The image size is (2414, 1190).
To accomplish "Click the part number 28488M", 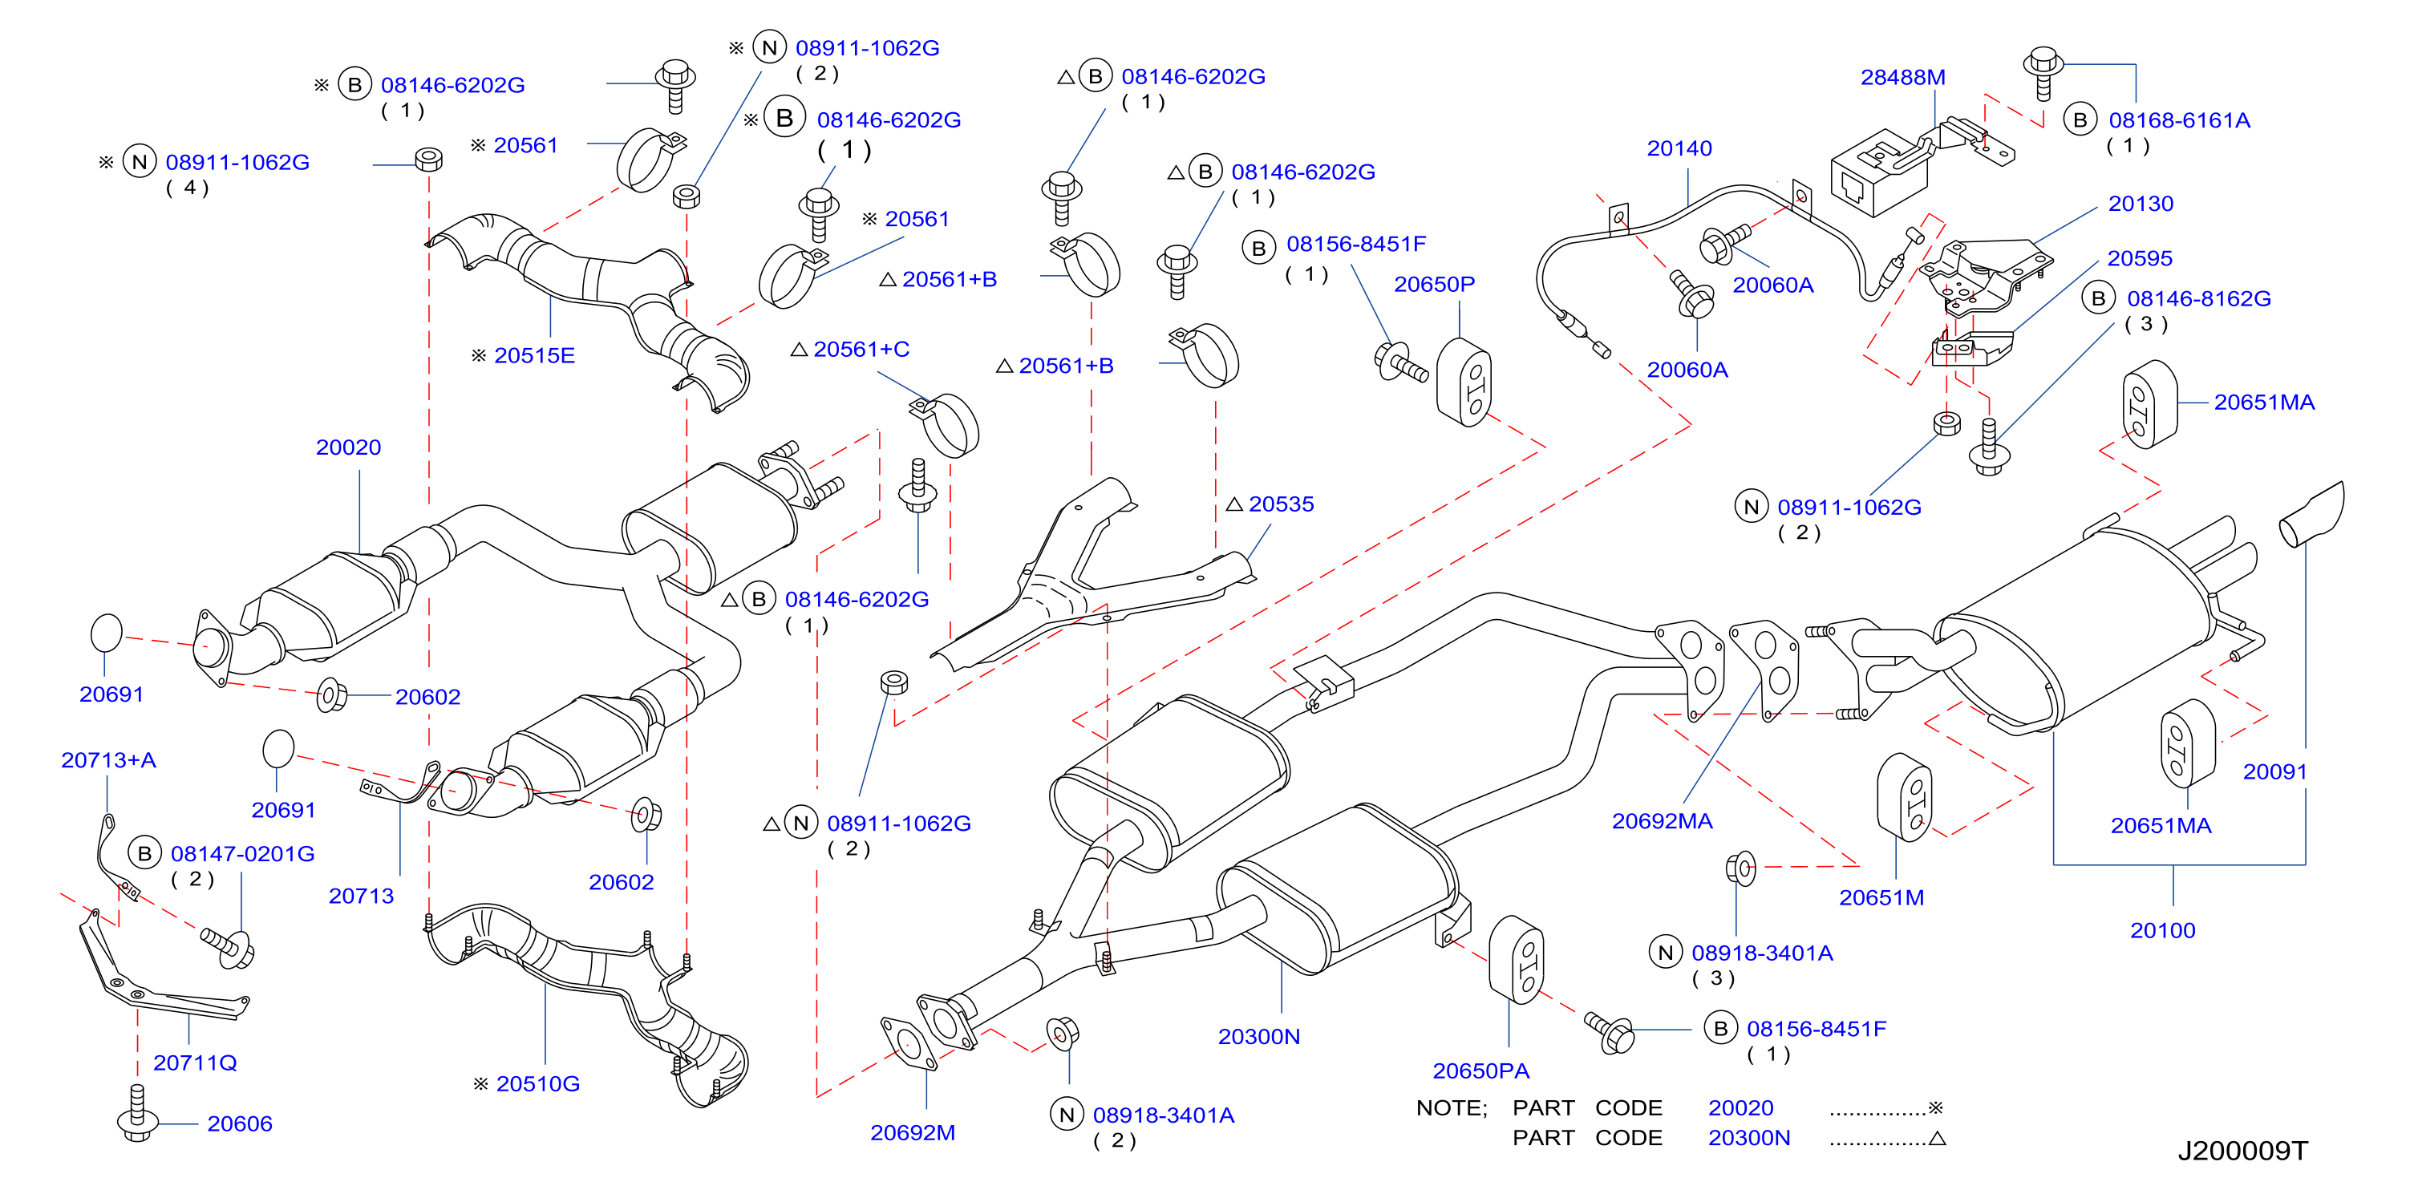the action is (x=1902, y=78).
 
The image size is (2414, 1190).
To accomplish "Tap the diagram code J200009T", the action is (x=2242, y=1151).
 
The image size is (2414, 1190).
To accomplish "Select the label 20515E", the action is (x=534, y=356).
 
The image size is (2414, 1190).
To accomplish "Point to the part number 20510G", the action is (x=538, y=1084).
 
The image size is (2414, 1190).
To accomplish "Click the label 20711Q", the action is (x=195, y=1063).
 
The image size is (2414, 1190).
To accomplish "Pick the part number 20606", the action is (x=240, y=1124).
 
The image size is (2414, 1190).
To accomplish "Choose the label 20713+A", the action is (x=109, y=761).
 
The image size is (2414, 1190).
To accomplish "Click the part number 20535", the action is (x=1281, y=505).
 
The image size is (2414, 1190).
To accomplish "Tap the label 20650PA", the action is (x=1480, y=1071).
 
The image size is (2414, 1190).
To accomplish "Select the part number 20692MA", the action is (x=1662, y=822).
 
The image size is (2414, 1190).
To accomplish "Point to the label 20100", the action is (x=2163, y=931).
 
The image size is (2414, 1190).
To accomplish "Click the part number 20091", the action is (x=2274, y=772).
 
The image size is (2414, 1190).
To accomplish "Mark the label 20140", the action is (x=1679, y=149).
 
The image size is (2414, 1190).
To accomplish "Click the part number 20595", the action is (x=2140, y=259).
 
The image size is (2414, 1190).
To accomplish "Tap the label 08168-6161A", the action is (x=2179, y=121).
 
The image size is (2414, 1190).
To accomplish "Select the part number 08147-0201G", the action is (x=243, y=855).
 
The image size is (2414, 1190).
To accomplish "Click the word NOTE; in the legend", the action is (x=1452, y=1108).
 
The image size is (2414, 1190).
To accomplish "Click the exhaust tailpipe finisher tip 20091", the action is (x=2313, y=516).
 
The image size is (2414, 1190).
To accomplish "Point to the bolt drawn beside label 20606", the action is (x=137, y=1114).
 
